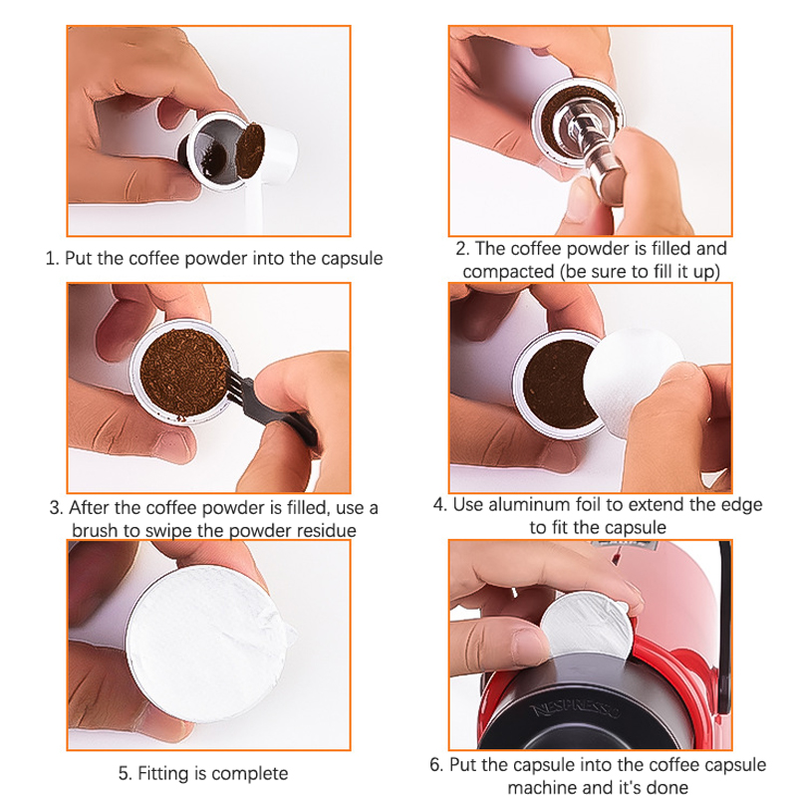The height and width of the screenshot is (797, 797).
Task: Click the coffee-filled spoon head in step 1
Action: (x=251, y=150)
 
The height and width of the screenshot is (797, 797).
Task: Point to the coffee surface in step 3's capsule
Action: (x=184, y=373)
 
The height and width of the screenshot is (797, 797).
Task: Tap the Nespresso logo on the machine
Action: (x=576, y=709)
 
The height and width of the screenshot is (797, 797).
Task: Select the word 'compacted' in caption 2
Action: (x=508, y=271)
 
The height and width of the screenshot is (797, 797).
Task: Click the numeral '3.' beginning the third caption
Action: (x=57, y=508)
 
